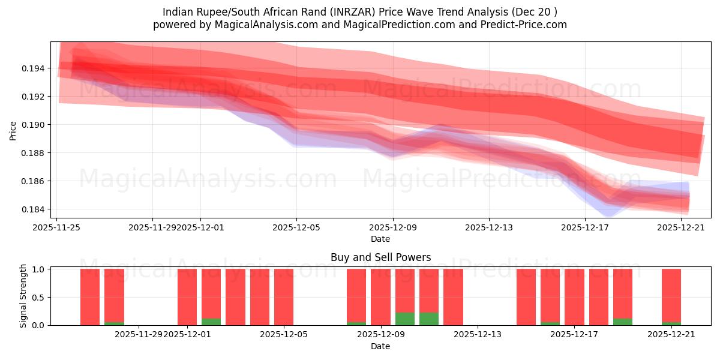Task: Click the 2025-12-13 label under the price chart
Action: (x=489, y=227)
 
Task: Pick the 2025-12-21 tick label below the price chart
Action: (x=682, y=227)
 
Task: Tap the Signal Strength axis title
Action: (x=23, y=296)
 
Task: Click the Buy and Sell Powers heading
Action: (x=380, y=257)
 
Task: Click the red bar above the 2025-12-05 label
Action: (x=284, y=296)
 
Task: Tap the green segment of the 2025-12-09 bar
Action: (x=405, y=319)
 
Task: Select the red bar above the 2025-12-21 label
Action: (x=671, y=294)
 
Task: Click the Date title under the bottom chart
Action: (x=380, y=346)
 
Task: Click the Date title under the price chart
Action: (x=380, y=239)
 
